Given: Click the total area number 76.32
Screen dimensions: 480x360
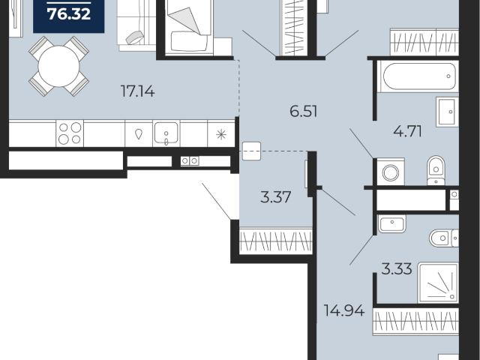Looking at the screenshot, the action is pyautogui.click(x=69, y=14).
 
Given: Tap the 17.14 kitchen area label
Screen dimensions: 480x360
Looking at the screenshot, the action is pyautogui.click(x=138, y=91).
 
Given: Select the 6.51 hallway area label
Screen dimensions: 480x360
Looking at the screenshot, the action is pyautogui.click(x=303, y=111).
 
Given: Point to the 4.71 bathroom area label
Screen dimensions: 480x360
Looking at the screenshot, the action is pyautogui.click(x=407, y=132).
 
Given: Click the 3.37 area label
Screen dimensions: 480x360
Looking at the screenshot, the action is pyautogui.click(x=275, y=196).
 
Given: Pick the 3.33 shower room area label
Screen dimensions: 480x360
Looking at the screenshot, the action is pyautogui.click(x=397, y=269).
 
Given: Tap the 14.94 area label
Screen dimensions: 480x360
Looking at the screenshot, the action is pyautogui.click(x=344, y=310).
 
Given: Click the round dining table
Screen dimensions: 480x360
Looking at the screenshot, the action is pyautogui.click(x=58, y=66).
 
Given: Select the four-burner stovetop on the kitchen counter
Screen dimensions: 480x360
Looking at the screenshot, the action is pyautogui.click(x=70, y=133).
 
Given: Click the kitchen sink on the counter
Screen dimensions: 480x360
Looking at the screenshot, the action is pyautogui.click(x=166, y=133).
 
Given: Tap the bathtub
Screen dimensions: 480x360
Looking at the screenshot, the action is pyautogui.click(x=418, y=76).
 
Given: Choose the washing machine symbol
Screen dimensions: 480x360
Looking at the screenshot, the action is pyautogui.click(x=391, y=172).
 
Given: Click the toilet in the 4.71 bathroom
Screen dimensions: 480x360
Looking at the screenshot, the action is pyautogui.click(x=436, y=170).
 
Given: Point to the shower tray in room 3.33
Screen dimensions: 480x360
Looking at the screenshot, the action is pyautogui.click(x=438, y=283).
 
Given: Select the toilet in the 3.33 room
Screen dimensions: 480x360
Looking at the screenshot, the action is pyautogui.click(x=444, y=238).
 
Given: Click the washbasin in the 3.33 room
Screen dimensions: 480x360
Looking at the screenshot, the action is pyautogui.click(x=391, y=223).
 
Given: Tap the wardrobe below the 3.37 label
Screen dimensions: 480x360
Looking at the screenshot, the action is pyautogui.click(x=276, y=241).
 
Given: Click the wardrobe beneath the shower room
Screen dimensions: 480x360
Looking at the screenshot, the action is pyautogui.click(x=415, y=322).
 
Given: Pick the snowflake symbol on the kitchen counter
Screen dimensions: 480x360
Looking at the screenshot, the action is pyautogui.click(x=221, y=134).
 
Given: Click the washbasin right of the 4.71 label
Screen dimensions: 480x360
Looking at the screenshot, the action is pyautogui.click(x=447, y=112).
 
